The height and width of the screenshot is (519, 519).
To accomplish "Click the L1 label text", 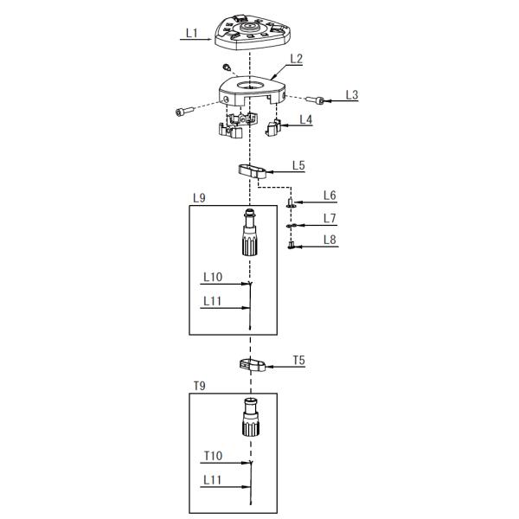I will tap(191, 34).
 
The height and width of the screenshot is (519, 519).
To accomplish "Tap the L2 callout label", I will tap(296, 59).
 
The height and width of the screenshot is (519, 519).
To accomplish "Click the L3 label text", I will tap(351, 93).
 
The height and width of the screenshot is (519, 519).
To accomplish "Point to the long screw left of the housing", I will tap(185, 112).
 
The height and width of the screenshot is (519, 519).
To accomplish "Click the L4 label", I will tap(305, 119).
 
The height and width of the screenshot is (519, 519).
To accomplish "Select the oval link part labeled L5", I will tap(249, 170).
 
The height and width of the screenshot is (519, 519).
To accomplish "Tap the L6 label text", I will tap(330, 195).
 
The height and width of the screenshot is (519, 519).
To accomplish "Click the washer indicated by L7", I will tap(292, 225).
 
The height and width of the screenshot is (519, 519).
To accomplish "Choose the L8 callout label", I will tap(330, 240).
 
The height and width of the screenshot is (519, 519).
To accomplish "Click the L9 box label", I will tap(198, 198).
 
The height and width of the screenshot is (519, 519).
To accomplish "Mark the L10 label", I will tap(213, 278).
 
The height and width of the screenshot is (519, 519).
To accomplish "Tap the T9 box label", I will tap(198, 386).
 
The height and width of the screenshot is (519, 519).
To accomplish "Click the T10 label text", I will tap(213, 455).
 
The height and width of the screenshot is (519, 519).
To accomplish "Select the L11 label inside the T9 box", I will tap(213, 478).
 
